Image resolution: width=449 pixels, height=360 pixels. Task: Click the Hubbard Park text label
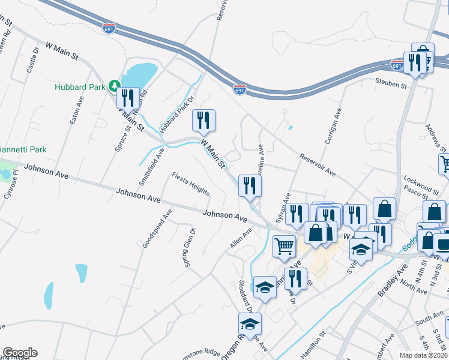pos(79,87)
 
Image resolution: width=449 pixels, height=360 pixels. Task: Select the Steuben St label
pos(391,84)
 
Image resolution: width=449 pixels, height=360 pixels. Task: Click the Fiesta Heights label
pos(191,184)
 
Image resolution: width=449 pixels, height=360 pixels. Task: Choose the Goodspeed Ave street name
pos(157,229)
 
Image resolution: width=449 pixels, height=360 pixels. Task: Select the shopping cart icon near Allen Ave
pos(285,245)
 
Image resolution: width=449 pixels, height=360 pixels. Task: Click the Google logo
pos(20,353)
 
